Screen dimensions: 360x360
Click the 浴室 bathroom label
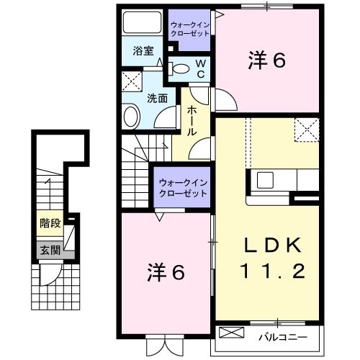coord(143,51)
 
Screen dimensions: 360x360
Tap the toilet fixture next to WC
coord(181,69)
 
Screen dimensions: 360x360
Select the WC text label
coord(201,68)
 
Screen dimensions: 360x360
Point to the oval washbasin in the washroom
coord(131,115)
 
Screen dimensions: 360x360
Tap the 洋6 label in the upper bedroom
coord(266,60)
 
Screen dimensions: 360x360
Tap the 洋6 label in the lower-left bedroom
coord(168,273)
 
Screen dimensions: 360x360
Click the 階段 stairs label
coord(50,223)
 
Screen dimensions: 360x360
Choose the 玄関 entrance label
coord(50,251)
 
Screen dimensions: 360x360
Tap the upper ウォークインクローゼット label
coord(190,29)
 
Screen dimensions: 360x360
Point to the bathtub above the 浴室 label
coord(143,24)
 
